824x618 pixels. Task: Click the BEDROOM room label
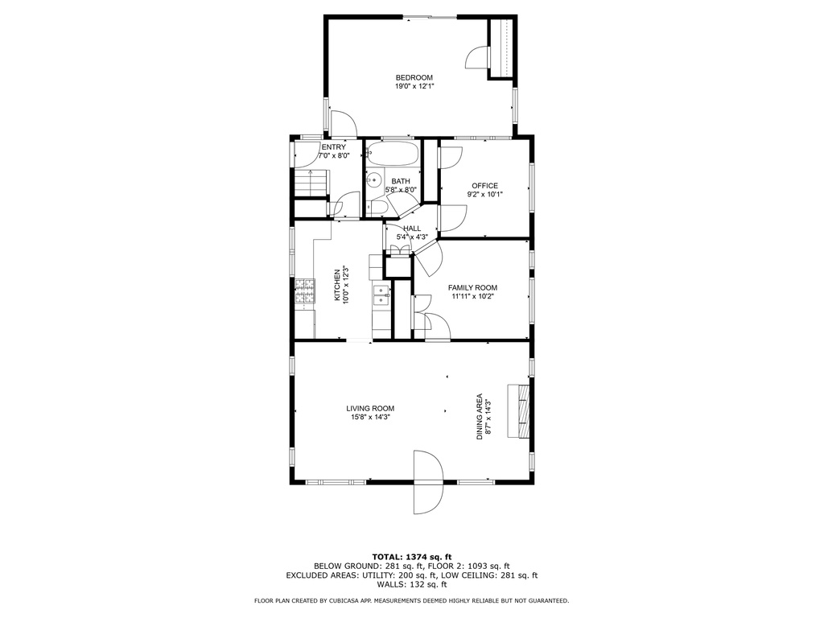point(414,78)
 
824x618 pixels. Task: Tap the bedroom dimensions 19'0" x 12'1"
point(414,86)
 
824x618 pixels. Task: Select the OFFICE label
point(484,186)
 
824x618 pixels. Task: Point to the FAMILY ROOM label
point(472,287)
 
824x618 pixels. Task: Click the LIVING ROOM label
point(370,408)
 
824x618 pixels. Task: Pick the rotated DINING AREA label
point(480,417)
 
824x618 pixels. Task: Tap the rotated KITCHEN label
point(337,286)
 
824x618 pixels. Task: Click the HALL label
point(412,229)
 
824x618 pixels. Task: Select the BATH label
point(401,181)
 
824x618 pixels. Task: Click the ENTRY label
point(334,147)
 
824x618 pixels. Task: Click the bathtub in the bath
point(393,154)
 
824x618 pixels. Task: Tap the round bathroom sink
point(373,179)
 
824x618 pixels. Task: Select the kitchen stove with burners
point(305,291)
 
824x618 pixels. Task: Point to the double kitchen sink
point(381,295)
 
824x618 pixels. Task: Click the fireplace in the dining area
point(518,410)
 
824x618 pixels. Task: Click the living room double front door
point(428,482)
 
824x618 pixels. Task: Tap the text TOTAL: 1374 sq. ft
point(412,557)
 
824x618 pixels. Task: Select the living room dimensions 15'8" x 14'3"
point(370,418)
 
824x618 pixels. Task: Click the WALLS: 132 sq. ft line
point(412,584)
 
